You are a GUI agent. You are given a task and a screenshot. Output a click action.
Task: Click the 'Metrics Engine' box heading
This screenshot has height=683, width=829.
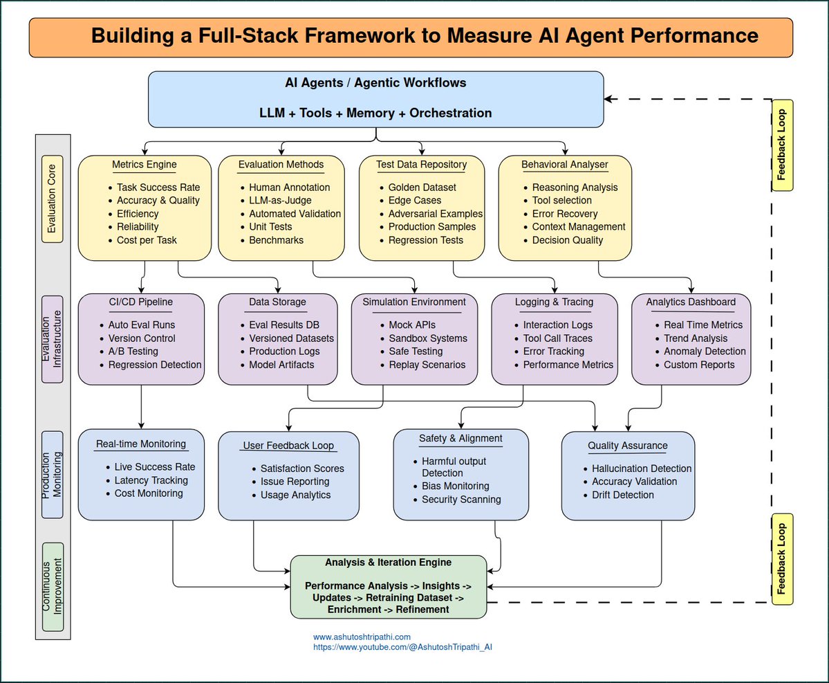point(145,165)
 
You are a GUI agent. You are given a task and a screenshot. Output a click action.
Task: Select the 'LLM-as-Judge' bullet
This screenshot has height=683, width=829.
point(280,201)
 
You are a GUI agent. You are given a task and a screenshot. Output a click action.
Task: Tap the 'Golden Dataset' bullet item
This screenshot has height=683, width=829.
point(422,188)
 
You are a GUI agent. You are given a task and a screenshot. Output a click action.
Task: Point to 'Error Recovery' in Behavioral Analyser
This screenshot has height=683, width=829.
point(565,214)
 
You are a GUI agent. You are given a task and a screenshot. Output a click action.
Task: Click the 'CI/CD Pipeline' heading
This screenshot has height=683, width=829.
point(140,302)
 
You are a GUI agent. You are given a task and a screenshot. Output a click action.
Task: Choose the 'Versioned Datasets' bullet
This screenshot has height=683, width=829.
point(291,338)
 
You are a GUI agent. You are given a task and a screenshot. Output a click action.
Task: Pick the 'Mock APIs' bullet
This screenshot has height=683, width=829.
point(412,325)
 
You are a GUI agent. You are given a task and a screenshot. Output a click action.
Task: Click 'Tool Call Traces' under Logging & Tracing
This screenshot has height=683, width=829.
point(558,338)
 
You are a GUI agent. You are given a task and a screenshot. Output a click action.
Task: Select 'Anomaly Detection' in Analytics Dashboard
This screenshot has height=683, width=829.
point(705,352)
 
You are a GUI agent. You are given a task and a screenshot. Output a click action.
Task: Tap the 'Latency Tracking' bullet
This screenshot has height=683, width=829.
point(151,480)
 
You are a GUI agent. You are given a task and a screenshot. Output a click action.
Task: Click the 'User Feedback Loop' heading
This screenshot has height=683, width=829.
point(288,446)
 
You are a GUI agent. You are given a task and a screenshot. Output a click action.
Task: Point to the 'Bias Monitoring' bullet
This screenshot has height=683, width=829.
point(455,486)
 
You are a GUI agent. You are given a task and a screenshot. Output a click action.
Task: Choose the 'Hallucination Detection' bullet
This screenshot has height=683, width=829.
point(642,468)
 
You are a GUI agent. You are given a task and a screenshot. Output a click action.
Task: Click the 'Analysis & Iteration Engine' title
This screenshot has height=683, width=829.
point(388,563)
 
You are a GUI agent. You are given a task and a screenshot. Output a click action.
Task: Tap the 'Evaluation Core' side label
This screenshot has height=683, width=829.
point(52,199)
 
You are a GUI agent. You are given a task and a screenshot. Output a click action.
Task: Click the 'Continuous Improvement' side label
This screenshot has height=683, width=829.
point(53,587)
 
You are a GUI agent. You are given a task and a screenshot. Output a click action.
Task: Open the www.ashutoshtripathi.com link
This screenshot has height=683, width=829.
point(362,637)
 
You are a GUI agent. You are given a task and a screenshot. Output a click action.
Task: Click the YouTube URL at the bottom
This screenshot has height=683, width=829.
point(402,647)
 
